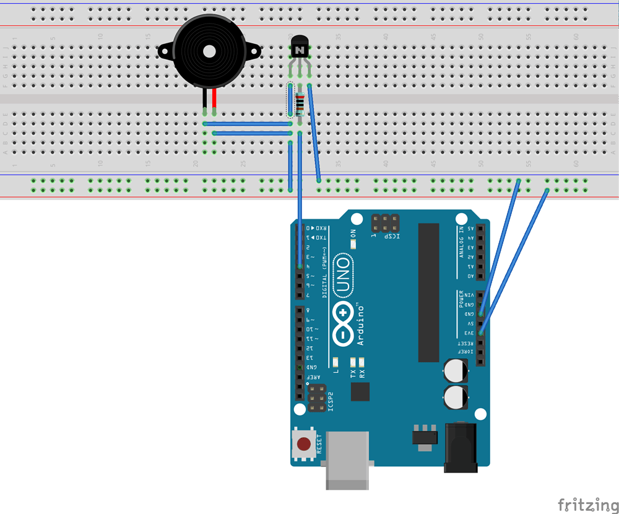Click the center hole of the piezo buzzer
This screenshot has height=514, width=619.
(x=208, y=51)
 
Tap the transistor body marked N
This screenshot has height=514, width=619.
(x=300, y=47)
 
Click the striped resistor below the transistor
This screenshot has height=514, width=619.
(x=300, y=104)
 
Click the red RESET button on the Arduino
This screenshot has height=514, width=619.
(x=303, y=444)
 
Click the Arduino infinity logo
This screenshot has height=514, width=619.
(x=344, y=325)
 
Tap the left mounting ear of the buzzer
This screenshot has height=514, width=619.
(x=165, y=50)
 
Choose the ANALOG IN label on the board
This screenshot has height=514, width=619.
(x=461, y=242)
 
